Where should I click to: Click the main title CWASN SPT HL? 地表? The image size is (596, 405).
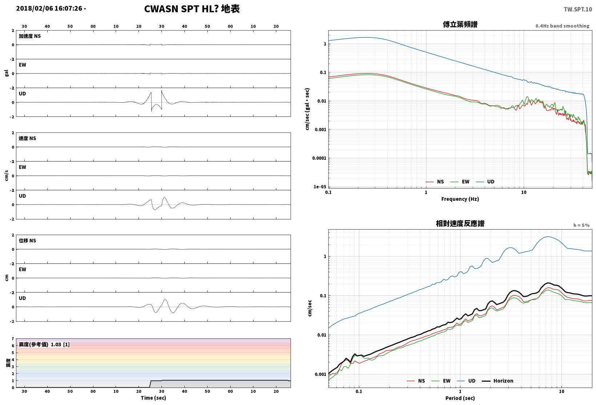click(192, 9)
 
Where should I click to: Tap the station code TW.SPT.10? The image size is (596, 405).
click(578, 9)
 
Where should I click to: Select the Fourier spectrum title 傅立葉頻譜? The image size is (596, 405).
click(460, 24)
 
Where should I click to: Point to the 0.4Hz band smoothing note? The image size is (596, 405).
click(563, 26)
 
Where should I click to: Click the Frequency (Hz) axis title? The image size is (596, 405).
click(460, 199)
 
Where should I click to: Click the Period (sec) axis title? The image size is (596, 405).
click(460, 398)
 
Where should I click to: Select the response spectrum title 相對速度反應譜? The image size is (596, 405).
click(460, 223)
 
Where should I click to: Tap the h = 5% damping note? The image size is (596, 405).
click(581, 225)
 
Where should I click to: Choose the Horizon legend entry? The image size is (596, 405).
click(497, 381)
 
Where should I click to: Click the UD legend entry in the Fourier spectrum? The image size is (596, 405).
click(485, 182)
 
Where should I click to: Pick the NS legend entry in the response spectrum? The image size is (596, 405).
click(416, 381)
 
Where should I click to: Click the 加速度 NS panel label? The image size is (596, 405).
click(30, 36)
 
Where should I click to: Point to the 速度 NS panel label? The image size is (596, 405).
click(27, 139)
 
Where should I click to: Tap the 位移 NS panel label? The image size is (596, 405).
click(27, 241)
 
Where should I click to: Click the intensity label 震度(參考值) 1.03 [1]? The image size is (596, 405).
click(44, 345)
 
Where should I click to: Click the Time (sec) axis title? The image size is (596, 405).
click(153, 398)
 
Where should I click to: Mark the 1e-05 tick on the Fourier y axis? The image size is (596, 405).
click(320, 187)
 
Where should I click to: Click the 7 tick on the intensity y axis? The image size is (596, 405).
click(13, 339)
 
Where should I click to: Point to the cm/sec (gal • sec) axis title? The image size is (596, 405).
click(307, 109)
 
